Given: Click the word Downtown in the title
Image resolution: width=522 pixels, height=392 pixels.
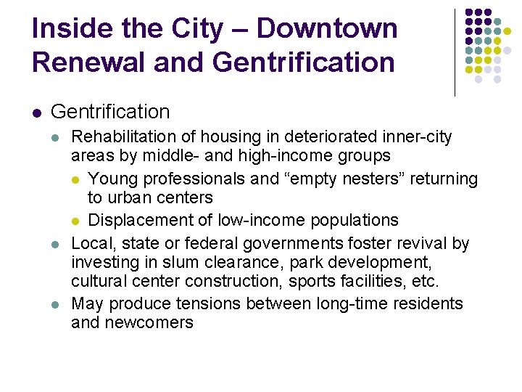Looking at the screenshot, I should (x=327, y=29).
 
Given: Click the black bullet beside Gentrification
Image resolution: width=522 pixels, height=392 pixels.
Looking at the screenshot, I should (x=36, y=113).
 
